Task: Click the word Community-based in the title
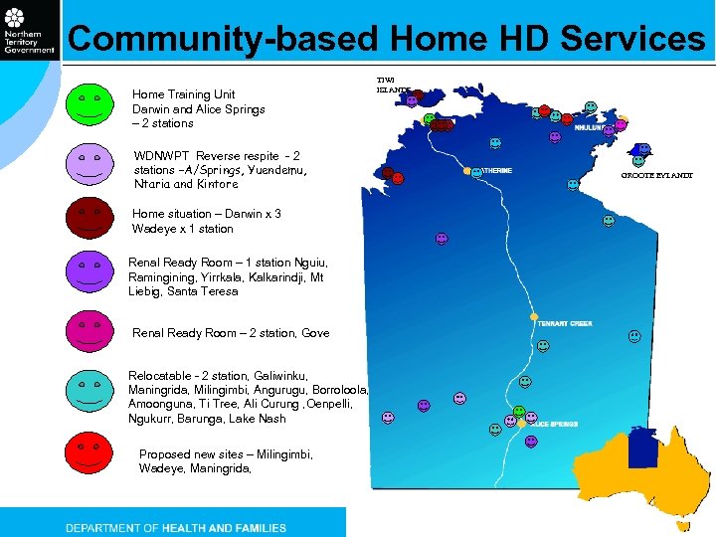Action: [x=224, y=39]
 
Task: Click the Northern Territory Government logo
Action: [x=29, y=32]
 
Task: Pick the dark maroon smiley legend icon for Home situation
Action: [x=90, y=216]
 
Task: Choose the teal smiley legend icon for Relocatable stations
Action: [x=90, y=387]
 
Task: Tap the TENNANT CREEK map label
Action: [x=564, y=323]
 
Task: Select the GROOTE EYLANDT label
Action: [x=656, y=176]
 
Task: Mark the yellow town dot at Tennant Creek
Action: [x=534, y=317]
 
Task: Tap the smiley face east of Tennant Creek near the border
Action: [x=634, y=337]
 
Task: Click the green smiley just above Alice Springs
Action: [x=518, y=411]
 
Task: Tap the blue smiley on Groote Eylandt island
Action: [x=643, y=149]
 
